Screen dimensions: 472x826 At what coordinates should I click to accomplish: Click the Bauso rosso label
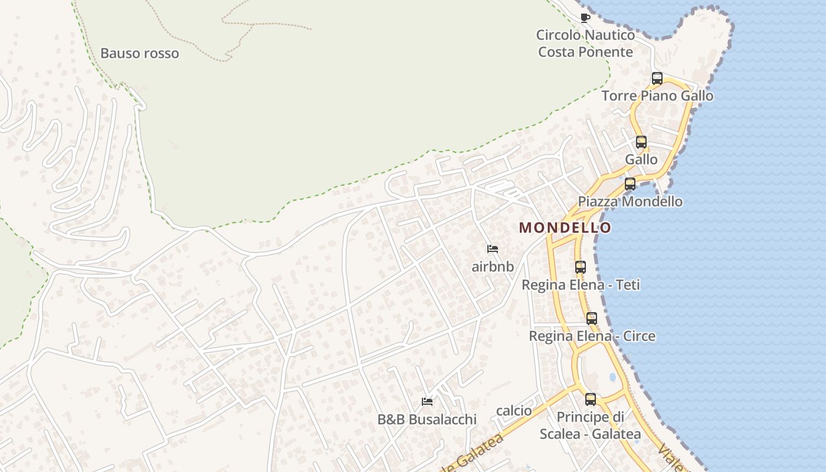[139, 53]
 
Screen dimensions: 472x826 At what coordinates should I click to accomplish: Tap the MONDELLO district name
[565, 227]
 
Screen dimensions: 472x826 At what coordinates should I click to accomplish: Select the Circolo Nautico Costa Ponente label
[585, 43]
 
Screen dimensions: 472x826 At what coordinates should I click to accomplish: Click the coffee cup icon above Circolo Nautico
[585, 18]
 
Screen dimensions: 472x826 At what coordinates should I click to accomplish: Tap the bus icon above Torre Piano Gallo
[657, 78]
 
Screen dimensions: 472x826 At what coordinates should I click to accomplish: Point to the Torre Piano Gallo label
[657, 96]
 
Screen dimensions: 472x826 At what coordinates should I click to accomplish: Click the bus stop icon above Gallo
[641, 142]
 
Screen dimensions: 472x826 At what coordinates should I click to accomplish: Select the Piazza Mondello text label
[630, 201]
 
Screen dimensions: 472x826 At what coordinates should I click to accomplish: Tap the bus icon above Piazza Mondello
[630, 183]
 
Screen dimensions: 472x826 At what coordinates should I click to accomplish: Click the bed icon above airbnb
[493, 249]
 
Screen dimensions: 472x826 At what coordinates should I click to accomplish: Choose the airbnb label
[493, 267]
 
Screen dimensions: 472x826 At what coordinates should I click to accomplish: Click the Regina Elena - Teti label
[581, 285]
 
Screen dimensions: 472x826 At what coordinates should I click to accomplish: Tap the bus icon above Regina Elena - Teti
[581, 267]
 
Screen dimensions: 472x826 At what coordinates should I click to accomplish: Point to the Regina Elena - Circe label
[592, 336]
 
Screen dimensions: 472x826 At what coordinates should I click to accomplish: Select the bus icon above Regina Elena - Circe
[592, 319]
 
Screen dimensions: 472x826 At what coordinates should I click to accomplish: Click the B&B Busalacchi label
[427, 419]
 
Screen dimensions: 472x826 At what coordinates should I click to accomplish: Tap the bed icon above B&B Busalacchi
[427, 402]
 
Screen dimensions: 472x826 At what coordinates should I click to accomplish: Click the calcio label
[514, 411]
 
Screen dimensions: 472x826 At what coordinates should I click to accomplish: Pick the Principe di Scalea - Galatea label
[590, 425]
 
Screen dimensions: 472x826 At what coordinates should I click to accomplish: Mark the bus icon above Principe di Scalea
[591, 399]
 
